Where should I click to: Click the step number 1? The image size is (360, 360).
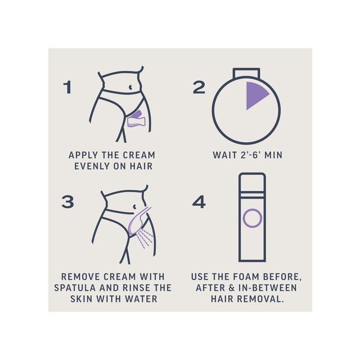pyautogui.click(x=67, y=87)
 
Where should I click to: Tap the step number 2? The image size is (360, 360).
pyautogui.click(x=199, y=87)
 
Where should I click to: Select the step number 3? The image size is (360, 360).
pyautogui.click(x=67, y=202)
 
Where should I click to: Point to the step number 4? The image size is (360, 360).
pyautogui.click(x=199, y=202)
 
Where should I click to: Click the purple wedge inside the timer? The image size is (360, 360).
pyautogui.click(x=254, y=94)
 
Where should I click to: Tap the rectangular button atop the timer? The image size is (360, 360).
pyautogui.click(x=246, y=73)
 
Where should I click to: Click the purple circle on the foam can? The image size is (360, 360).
pyautogui.click(x=253, y=218)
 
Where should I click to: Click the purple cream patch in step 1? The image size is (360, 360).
pyautogui.click(x=137, y=119)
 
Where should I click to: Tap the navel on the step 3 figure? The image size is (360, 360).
pyautogui.click(x=134, y=207)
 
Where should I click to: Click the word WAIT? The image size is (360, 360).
pyautogui.click(x=225, y=155)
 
